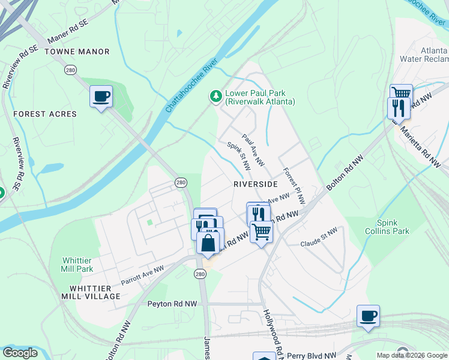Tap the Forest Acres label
tap(45, 114)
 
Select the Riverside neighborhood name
tap(256, 184)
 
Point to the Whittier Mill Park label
tap(77, 265)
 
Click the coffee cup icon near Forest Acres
tap(101, 96)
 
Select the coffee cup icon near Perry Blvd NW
tap(368, 316)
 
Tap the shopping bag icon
tap(208, 244)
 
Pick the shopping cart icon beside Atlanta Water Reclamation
tap(401, 94)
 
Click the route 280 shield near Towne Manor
tap(70, 70)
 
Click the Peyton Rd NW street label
tap(172, 304)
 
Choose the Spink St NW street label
tap(238, 156)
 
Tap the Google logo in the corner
tap(20, 353)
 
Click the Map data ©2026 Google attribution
tap(411, 355)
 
